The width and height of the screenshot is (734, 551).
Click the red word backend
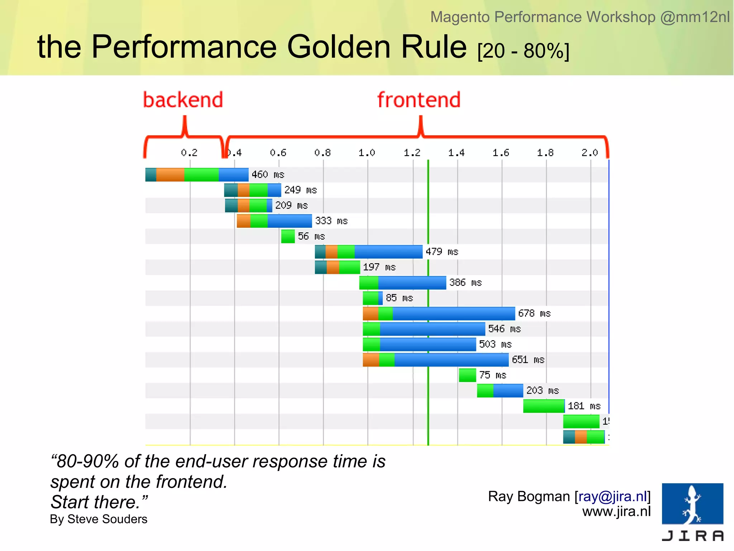click(x=183, y=100)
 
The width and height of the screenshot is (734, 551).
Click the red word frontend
click(x=419, y=100)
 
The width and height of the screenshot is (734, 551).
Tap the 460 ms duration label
click(x=267, y=175)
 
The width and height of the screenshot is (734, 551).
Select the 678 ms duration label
click(x=534, y=314)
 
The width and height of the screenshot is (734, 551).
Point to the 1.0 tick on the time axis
click(x=367, y=153)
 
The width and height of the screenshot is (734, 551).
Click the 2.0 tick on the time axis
click(x=590, y=153)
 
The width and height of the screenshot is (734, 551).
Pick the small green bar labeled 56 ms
click(x=288, y=236)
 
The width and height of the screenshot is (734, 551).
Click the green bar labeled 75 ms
click(x=467, y=375)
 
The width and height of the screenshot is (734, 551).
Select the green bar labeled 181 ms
click(x=544, y=406)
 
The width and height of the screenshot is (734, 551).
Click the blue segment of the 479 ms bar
click(x=388, y=252)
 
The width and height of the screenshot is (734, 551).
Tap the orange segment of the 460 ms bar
click(x=170, y=175)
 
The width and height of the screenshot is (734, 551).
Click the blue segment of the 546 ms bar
click(x=432, y=329)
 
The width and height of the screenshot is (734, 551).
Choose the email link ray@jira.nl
click(x=613, y=496)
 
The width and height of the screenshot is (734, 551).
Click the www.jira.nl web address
click(x=616, y=511)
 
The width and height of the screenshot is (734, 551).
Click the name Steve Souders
click(x=107, y=519)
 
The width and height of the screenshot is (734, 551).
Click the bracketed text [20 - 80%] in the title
click(x=523, y=51)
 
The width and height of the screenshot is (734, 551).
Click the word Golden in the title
click(x=339, y=47)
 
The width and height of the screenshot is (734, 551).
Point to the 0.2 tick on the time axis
click(x=189, y=153)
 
